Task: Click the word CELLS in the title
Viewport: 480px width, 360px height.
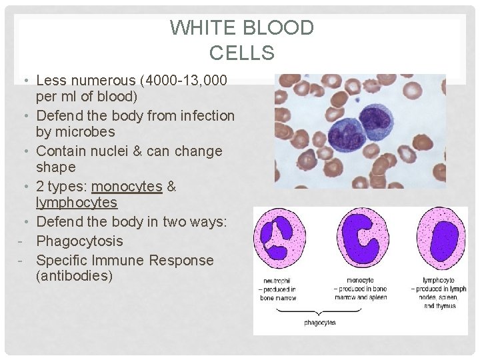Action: point(241,52)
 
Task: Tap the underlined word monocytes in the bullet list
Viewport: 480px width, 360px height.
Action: point(127,187)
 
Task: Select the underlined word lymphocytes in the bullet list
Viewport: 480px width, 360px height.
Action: point(77,202)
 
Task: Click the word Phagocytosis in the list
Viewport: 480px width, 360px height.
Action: point(79,241)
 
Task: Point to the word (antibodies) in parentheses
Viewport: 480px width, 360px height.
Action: point(75,275)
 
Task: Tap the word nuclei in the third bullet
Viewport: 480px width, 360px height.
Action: point(109,151)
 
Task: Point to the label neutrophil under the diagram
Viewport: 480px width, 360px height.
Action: point(274,281)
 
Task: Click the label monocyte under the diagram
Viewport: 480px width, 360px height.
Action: point(360,281)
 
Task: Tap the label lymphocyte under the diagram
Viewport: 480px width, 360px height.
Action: point(439,281)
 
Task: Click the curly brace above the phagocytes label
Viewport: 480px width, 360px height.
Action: point(321,311)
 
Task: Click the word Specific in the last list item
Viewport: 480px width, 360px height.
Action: point(63,260)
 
